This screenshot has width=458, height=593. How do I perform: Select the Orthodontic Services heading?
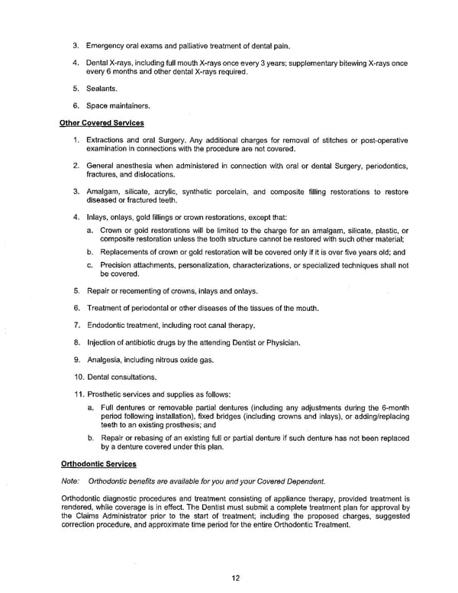[98, 463]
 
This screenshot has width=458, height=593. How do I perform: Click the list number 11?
[79, 394]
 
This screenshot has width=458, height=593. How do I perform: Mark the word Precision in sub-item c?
[118, 265]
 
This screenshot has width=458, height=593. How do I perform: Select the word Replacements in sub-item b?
[125, 251]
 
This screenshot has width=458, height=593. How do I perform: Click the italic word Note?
[69, 481]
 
